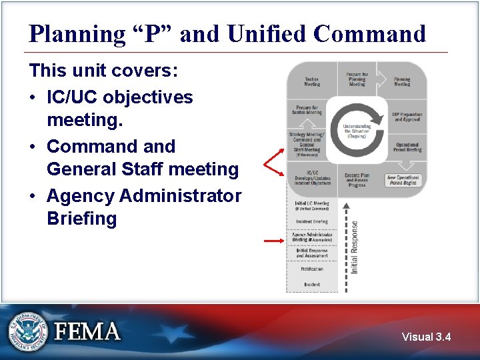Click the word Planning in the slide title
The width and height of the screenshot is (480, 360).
click(74, 33)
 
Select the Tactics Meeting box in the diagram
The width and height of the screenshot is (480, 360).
click(311, 81)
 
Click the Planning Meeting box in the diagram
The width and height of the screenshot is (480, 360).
click(402, 81)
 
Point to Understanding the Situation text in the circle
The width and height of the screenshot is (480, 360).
click(357, 129)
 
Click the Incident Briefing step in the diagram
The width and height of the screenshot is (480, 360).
click(311, 221)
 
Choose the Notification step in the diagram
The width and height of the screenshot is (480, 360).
click(311, 269)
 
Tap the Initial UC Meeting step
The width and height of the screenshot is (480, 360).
click(311, 205)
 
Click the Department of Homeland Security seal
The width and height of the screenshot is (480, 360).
click(28, 331)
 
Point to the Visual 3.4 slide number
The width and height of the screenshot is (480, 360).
click(426, 337)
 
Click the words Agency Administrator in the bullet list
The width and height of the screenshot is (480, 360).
click(144, 196)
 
